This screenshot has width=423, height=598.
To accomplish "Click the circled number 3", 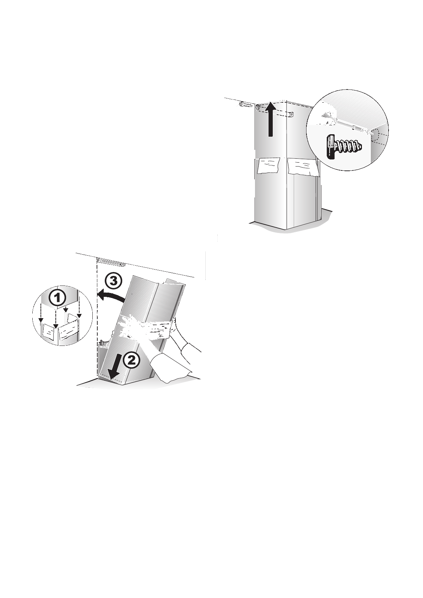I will pos(113,281).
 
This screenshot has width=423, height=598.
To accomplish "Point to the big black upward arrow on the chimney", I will pos(271,119).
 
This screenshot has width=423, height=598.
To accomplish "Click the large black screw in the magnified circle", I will pos(343,146).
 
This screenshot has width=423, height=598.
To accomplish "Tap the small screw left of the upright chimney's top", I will pos(245,104).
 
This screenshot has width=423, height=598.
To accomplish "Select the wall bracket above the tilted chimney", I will pos(111,262).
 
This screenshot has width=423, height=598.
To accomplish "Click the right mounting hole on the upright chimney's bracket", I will pos(291,114).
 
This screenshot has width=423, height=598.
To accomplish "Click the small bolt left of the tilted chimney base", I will pos(102,343).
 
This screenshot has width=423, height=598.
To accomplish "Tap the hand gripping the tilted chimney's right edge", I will pos(174,324).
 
